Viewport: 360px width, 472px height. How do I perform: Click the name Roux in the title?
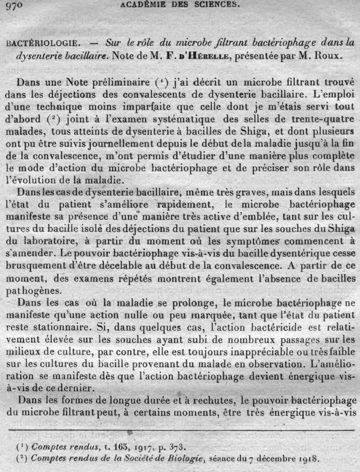coord(329,57)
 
